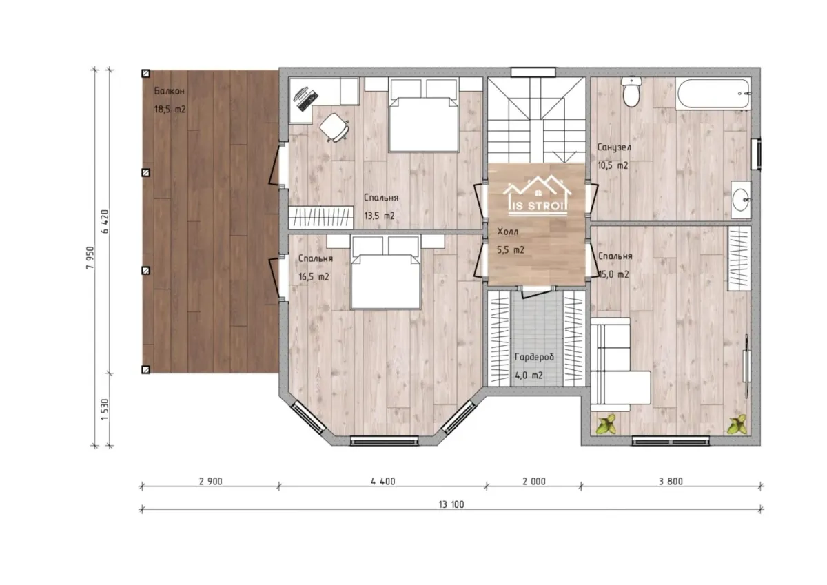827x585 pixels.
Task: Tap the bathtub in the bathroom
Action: click(713, 94)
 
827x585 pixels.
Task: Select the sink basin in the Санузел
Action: click(741, 200)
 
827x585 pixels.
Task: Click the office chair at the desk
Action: click(334, 127)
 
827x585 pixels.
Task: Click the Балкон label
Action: click(169, 91)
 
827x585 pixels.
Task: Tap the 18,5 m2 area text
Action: click(170, 110)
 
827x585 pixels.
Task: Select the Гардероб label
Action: click(534, 357)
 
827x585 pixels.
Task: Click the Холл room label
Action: click(508, 232)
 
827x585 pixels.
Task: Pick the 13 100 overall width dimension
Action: click(451, 504)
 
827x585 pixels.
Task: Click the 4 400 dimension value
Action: click(383, 481)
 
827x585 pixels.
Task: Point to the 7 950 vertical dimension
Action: click(90, 258)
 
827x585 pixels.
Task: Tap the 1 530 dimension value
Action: click(105, 409)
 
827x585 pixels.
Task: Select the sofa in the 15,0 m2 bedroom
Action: click(620, 365)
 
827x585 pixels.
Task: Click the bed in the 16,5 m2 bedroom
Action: click(385, 272)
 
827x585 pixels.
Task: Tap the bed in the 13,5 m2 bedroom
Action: click(423, 115)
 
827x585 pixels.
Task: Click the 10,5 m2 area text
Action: click(613, 165)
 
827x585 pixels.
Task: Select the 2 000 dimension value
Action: click(534, 481)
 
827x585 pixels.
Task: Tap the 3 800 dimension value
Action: click(671, 481)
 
